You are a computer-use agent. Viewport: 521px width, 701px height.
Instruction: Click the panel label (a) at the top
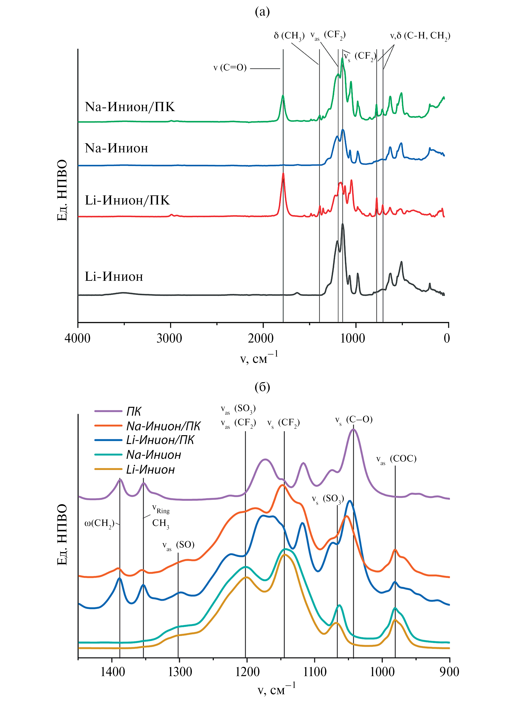pyautogui.click(x=262, y=12)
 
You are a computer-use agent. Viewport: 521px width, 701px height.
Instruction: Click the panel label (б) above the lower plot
pyautogui.click(x=262, y=387)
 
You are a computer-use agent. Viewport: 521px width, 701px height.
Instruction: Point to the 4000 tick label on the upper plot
pyautogui.click(x=78, y=338)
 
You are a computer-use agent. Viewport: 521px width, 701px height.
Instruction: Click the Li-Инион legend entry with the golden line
pyautogui.click(x=150, y=470)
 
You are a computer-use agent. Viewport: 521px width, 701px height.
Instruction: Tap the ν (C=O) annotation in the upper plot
pyautogui.click(x=230, y=68)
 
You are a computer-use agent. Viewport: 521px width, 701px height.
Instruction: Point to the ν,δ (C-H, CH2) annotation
pyautogui.click(x=420, y=36)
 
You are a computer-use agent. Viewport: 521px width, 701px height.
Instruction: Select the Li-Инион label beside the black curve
pyautogui.click(x=114, y=277)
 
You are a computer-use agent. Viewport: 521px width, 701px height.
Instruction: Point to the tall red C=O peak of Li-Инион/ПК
pyautogui.click(x=283, y=174)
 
